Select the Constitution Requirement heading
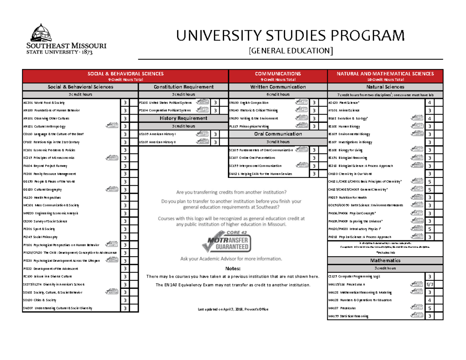(x=183, y=87)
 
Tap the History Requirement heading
(x=183, y=118)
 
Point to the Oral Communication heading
(x=278, y=134)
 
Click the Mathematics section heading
(x=385, y=260)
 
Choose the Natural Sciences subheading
(x=385, y=87)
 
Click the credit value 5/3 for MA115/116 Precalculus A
(x=429, y=285)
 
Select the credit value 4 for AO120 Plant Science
(x=429, y=103)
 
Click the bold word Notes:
(x=233, y=269)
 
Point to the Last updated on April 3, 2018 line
(x=233, y=309)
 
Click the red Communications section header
(x=278, y=75)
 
